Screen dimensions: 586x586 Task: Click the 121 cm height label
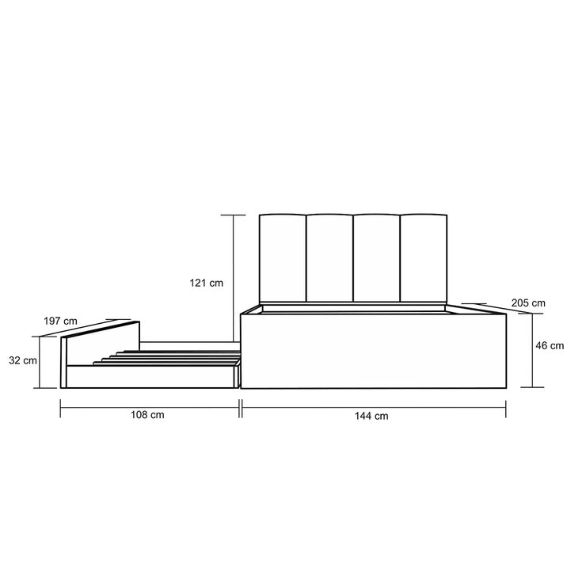click(x=206, y=282)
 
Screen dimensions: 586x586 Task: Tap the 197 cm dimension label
click(x=60, y=321)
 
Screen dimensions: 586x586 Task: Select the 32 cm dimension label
click(x=24, y=360)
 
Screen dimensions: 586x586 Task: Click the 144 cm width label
click(x=372, y=416)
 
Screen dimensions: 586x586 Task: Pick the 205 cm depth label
click(x=528, y=303)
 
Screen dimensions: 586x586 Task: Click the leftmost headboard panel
click(x=283, y=257)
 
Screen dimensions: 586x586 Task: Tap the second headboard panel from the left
click(x=329, y=257)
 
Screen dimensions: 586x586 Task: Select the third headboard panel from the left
click(x=375, y=257)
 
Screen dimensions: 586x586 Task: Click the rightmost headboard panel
click(x=423, y=257)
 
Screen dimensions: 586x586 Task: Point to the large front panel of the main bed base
click(x=372, y=352)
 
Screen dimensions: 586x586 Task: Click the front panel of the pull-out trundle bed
click(x=150, y=377)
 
